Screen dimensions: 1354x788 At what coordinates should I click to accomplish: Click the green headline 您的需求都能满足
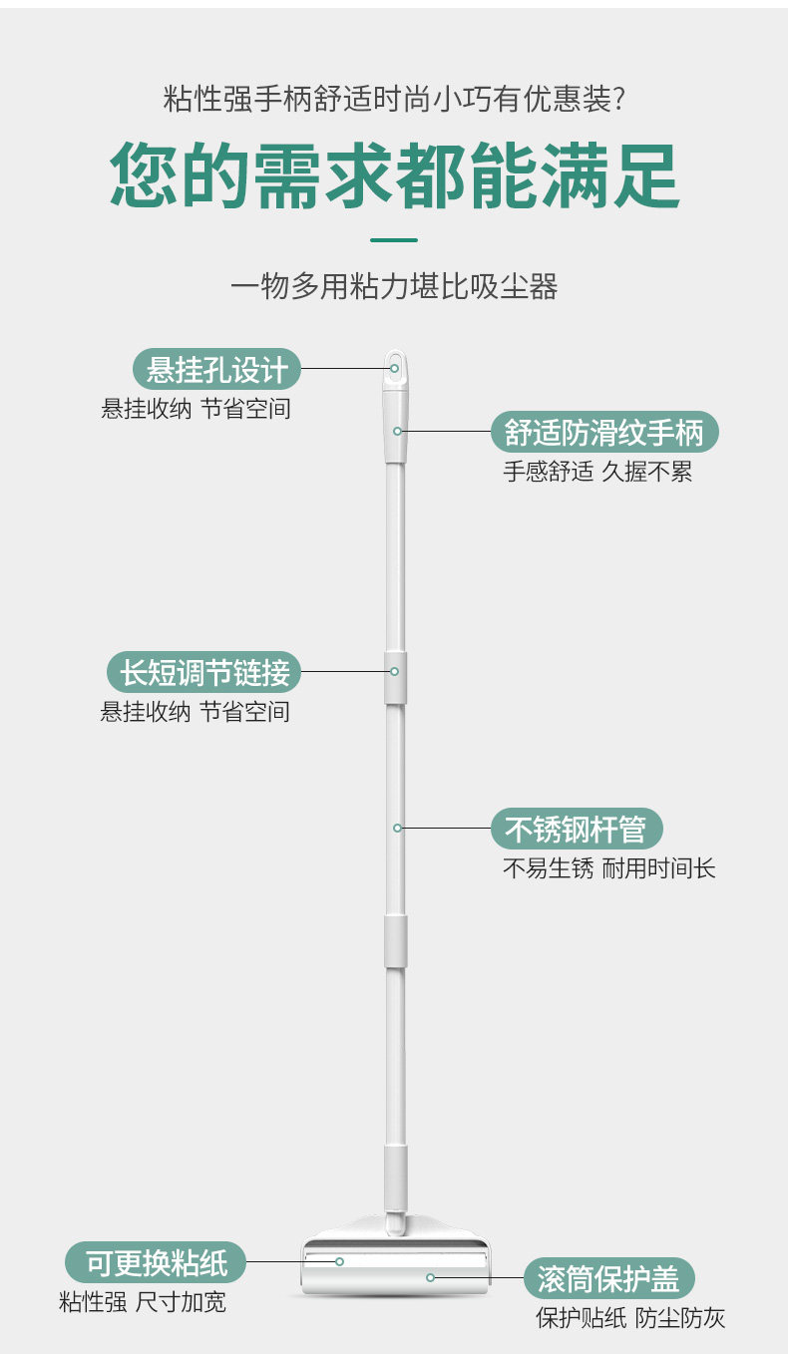point(394,176)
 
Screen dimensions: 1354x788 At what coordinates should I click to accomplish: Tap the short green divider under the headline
point(394,240)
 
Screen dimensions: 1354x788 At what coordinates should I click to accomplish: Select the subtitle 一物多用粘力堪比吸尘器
point(394,287)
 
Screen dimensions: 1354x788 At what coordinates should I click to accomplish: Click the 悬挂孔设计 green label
point(216,370)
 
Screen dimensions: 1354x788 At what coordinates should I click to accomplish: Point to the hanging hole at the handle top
point(395,366)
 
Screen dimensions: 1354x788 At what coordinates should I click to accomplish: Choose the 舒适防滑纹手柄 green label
point(604,433)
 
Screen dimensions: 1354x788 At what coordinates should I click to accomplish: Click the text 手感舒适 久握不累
point(596,472)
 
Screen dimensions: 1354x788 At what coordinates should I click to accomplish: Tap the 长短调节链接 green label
point(203,673)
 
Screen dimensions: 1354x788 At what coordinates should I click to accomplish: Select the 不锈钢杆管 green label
point(576,830)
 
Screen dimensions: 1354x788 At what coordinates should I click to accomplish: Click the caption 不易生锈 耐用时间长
point(608,868)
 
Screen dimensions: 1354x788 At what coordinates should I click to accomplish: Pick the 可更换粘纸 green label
point(156,1263)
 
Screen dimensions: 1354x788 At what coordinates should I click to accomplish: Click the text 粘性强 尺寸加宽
point(142,1302)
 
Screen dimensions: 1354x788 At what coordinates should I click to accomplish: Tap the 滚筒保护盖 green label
point(608,1278)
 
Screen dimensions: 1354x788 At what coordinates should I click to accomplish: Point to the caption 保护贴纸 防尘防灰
point(630,1318)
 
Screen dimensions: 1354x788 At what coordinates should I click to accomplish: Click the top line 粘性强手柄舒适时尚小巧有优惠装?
point(394,100)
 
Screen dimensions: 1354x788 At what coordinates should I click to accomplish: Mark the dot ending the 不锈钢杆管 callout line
point(397,828)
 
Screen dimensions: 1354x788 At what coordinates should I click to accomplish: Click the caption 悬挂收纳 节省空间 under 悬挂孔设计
point(196,409)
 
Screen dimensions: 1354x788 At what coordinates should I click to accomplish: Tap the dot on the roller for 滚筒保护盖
point(431,1277)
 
